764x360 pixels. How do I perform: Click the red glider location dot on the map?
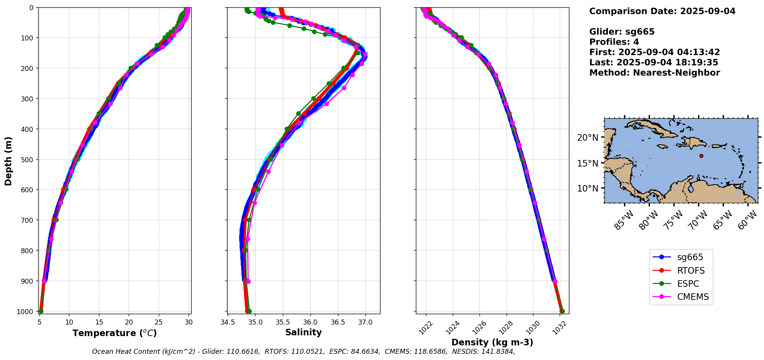click(701, 156)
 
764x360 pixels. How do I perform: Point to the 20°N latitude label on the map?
click(587, 138)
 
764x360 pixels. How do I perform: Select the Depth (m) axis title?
click(8, 161)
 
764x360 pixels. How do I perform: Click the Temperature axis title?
click(114, 333)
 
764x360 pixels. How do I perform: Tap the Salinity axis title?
click(303, 332)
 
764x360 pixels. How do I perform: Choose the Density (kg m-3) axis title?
click(492, 342)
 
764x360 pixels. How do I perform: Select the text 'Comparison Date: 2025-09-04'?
click(662, 11)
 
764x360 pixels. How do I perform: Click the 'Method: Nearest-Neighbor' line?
click(655, 72)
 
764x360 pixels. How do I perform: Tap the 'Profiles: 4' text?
click(614, 42)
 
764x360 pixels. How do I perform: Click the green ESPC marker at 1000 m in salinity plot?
click(249, 311)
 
